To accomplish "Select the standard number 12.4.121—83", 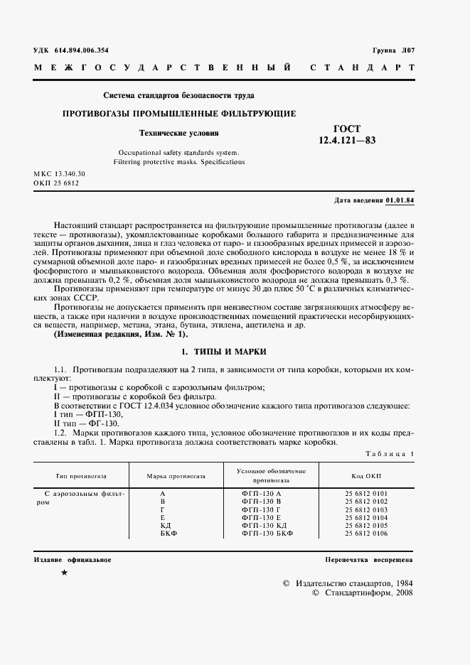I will coord(347,141).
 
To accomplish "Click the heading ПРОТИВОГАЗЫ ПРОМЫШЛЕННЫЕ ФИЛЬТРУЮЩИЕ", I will coord(179,114).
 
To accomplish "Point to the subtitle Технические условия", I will coord(178,133).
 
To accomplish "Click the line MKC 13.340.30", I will coord(59,174).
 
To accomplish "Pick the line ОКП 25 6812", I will coord(55,183).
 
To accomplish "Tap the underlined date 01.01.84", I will coord(400,200).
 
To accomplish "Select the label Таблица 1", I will coord(390,453).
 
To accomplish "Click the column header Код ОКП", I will coord(368,475).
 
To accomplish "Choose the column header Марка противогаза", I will coord(176,475).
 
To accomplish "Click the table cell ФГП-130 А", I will coord(262,493).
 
